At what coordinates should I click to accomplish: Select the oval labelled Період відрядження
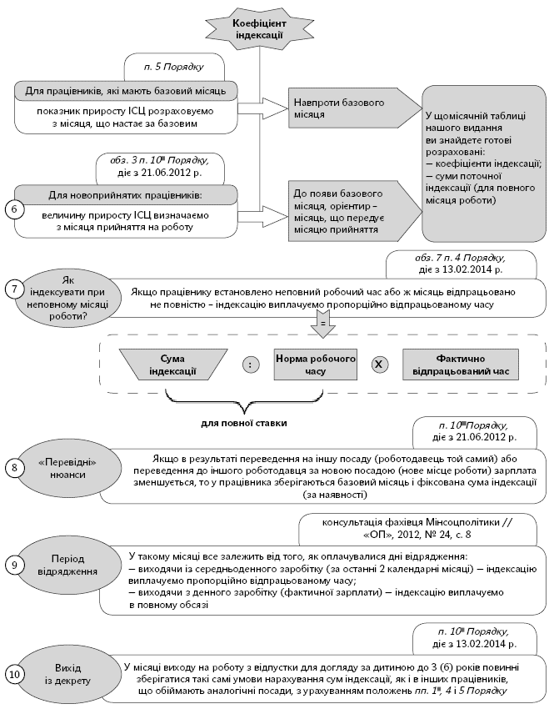pos(68,565)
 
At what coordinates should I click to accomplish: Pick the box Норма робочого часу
pos(316,364)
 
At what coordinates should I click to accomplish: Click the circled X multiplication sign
pos(379,364)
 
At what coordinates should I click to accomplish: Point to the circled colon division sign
pos(249,364)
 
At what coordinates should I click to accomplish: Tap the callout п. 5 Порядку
pos(175,64)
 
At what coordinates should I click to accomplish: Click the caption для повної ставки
pos(243,423)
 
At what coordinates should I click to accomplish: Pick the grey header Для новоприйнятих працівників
pos(125,195)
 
